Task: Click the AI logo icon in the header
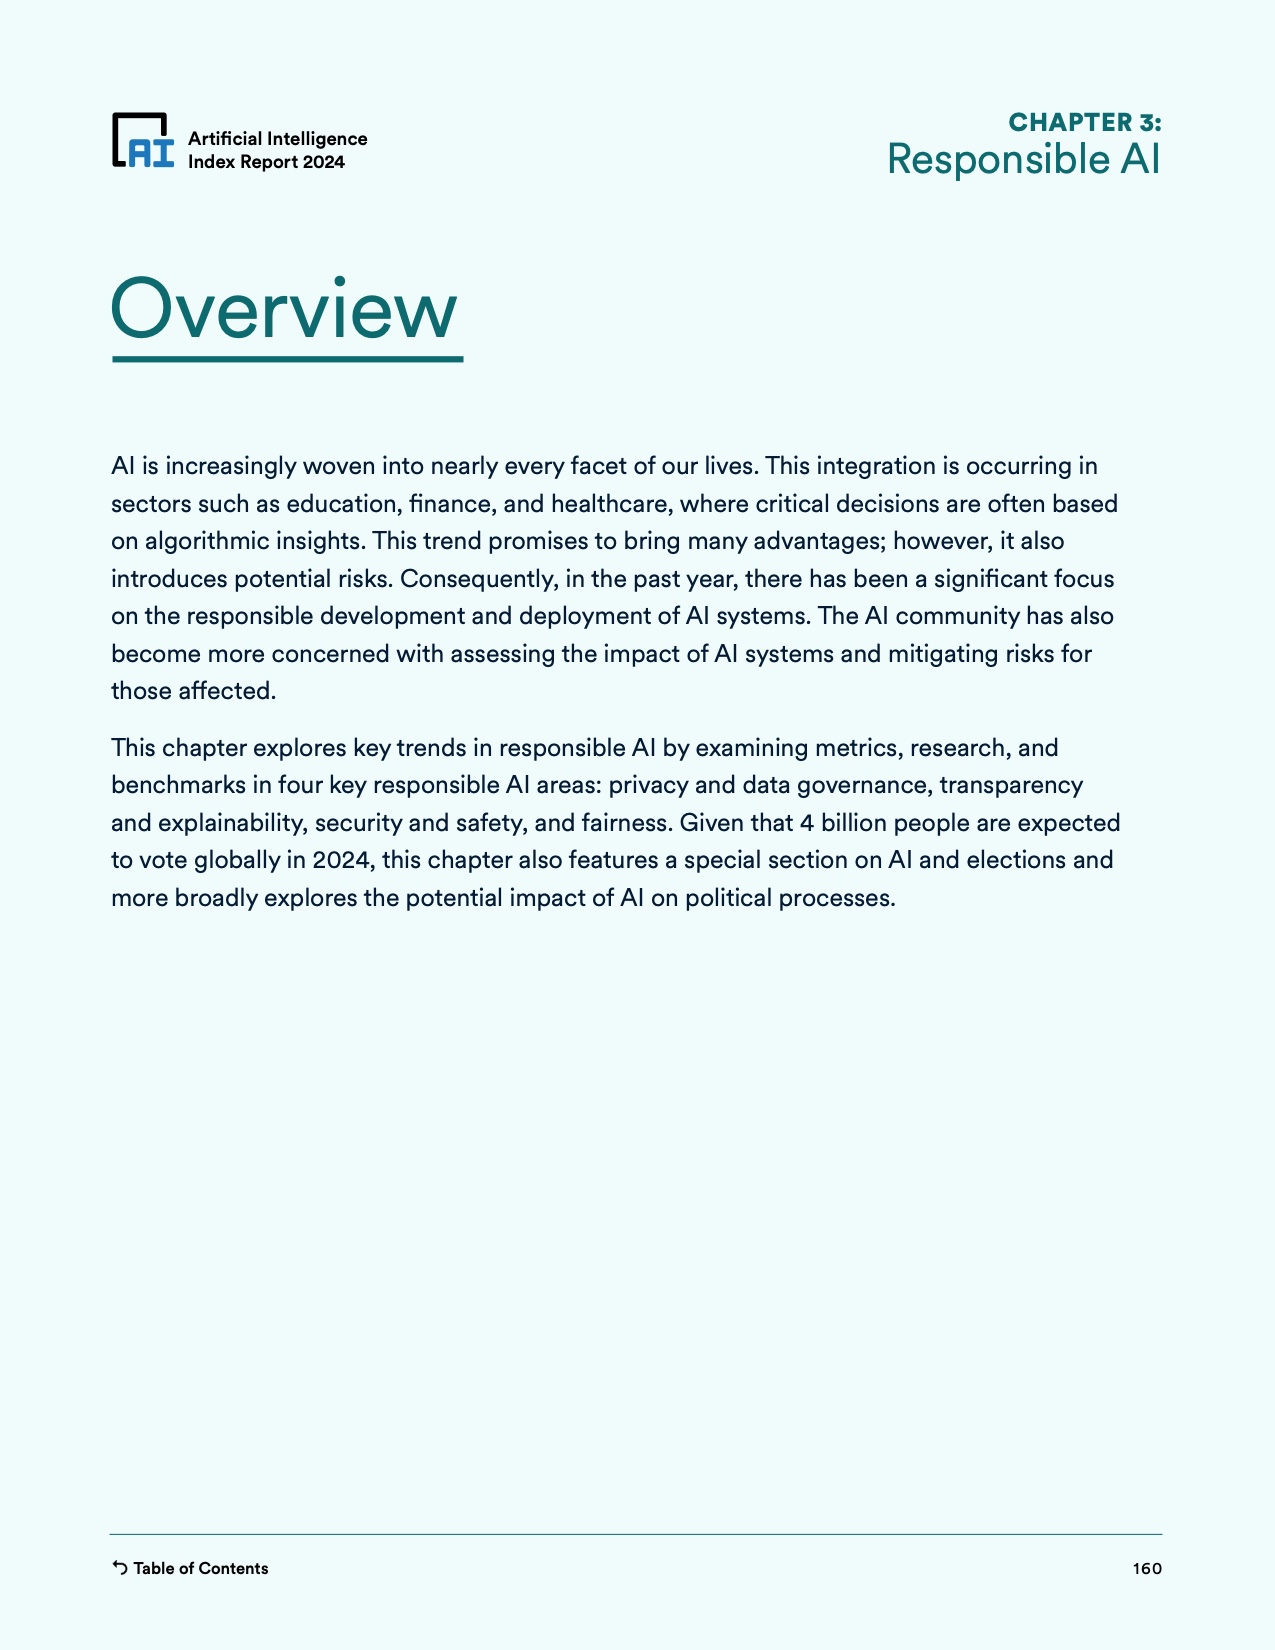tap(143, 141)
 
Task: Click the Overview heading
tap(285, 310)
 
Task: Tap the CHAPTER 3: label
tap(1084, 122)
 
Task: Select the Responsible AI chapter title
tap(1023, 160)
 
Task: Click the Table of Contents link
tap(200, 1568)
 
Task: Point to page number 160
tap(1147, 1568)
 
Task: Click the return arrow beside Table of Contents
tap(119, 1568)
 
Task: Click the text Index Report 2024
tap(266, 162)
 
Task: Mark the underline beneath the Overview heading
tap(287, 358)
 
